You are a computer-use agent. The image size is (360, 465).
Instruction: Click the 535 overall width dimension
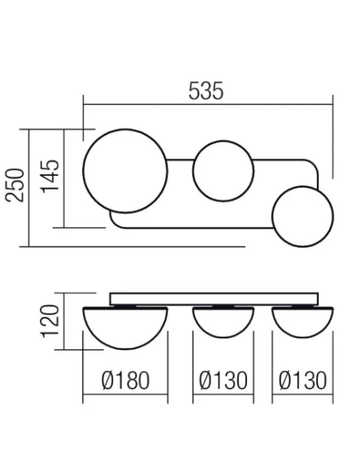point(206,91)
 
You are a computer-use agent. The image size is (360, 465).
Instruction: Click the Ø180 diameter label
point(126,381)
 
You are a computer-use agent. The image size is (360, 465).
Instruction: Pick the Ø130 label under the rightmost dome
point(303,381)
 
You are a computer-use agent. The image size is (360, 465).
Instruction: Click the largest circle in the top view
point(126,174)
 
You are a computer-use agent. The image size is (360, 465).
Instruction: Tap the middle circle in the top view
point(225,171)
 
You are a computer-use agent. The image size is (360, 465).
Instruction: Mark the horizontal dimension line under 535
point(206,104)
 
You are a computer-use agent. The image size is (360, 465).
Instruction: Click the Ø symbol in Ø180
point(109,381)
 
